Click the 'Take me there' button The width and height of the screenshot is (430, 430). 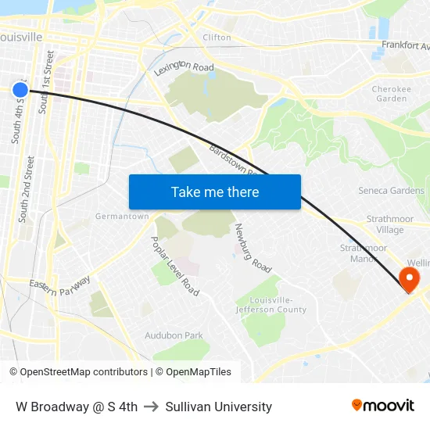tap(215, 192)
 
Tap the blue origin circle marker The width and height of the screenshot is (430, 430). tap(20, 90)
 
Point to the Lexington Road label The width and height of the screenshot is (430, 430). tap(184, 69)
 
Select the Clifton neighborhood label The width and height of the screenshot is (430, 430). tap(217, 37)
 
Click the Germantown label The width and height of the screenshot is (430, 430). tap(122, 217)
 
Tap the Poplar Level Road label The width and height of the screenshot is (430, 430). tap(175, 266)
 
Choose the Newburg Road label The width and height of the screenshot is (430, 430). tap(253, 249)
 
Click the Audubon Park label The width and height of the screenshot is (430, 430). tap(174, 335)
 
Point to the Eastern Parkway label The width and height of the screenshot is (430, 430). tap(60, 285)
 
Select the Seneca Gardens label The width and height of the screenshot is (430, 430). tap(391, 191)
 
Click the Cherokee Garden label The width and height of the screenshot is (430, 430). tap(391, 94)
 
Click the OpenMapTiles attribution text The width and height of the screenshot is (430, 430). tap(196, 372)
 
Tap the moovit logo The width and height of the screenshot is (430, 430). tap(383, 406)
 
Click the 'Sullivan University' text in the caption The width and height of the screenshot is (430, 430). tap(219, 407)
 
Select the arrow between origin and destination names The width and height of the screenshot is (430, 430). tap(152, 407)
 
